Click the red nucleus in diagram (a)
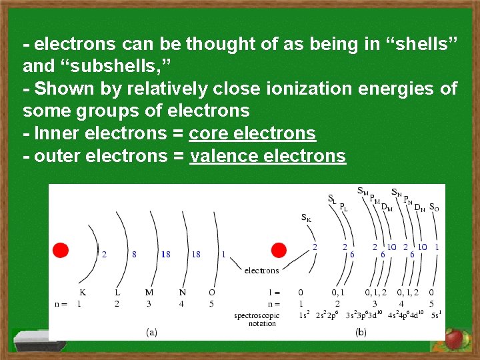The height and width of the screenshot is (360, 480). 61,250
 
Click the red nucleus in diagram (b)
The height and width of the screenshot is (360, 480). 279,250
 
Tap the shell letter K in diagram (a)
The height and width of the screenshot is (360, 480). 82,292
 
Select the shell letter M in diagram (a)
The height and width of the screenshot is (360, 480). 149,292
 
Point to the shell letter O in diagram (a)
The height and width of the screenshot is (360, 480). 212,292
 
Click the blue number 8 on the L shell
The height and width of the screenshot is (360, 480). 135,254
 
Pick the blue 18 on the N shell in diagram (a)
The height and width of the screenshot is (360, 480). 196,254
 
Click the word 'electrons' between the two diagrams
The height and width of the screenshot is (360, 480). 261,270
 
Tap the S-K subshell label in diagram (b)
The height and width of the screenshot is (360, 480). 306,217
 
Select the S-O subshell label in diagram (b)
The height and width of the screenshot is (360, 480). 434,207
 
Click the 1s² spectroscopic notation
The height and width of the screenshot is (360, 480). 303,314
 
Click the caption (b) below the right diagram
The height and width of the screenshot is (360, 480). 361,331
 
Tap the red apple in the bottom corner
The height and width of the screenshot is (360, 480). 455,339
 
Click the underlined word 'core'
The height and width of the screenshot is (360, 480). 207,133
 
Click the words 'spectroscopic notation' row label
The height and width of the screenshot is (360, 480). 257,319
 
